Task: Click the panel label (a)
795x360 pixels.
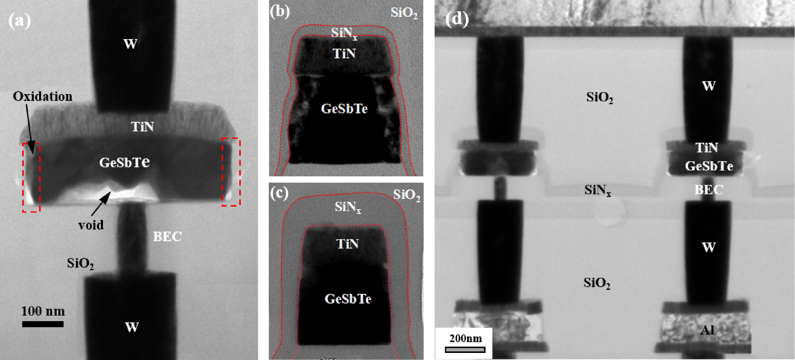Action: [19, 21]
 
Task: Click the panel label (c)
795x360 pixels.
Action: [279, 193]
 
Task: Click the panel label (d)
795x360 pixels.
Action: [457, 19]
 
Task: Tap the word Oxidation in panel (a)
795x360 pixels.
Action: [43, 97]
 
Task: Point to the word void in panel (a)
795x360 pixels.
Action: [91, 225]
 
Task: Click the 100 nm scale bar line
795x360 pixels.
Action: [43, 324]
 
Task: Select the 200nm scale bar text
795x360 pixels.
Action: [466, 338]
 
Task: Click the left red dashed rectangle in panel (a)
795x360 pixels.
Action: [22, 178]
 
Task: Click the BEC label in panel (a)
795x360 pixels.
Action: [167, 237]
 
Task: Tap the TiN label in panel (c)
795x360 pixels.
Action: [348, 244]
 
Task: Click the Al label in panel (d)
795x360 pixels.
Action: [707, 330]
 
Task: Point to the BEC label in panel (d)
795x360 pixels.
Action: [709, 190]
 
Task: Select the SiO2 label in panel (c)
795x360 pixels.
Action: [406, 195]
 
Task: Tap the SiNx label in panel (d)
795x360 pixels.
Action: [597, 190]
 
